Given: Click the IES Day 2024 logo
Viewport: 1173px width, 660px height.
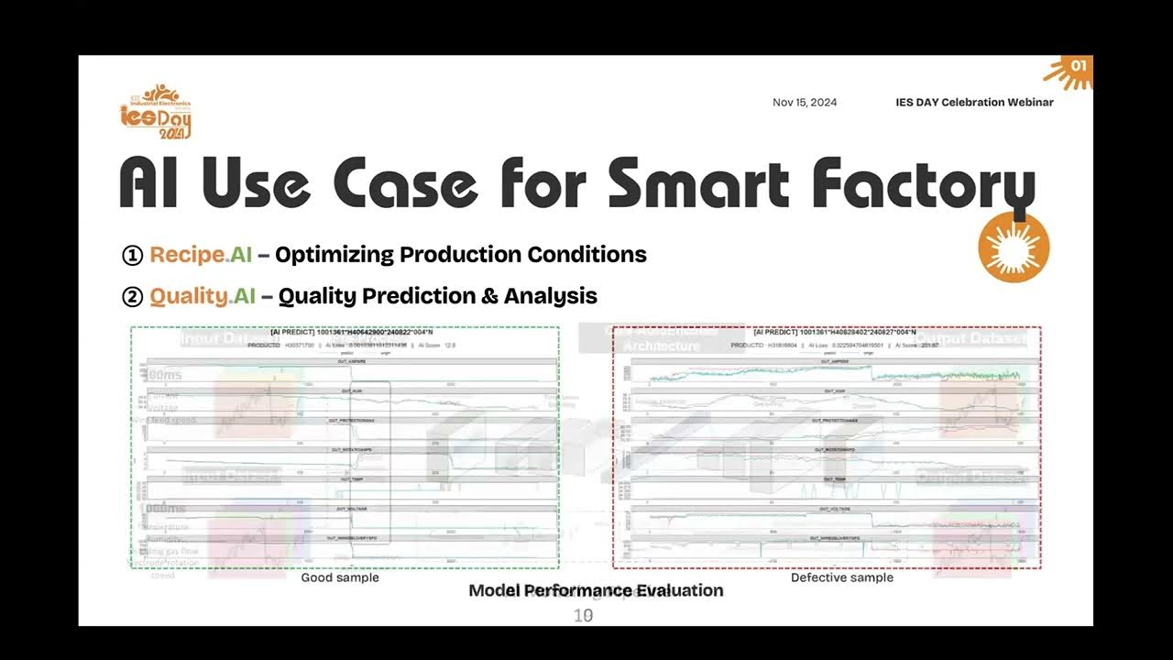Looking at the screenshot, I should tap(156, 111).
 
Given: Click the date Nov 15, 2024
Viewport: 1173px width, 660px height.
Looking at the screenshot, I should tap(804, 103).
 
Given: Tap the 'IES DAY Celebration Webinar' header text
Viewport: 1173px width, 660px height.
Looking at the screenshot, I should tap(974, 103).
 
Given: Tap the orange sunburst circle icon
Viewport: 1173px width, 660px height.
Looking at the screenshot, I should tap(1014, 247).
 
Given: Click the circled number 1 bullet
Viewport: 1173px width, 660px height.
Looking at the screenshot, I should tap(132, 256).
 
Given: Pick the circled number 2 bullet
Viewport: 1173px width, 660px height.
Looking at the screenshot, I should tap(132, 297).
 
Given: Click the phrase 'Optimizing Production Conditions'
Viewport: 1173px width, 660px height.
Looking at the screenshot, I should tap(461, 255).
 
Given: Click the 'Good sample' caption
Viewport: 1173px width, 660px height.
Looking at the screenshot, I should tap(339, 577).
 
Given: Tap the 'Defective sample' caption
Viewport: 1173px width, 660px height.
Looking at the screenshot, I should tap(841, 577).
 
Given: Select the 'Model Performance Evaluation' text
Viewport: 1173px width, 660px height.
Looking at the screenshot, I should tap(596, 590).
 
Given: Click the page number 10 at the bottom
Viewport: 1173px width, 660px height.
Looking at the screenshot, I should tap(583, 616).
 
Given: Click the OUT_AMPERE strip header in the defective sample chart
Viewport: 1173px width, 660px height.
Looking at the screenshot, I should tap(833, 362).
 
